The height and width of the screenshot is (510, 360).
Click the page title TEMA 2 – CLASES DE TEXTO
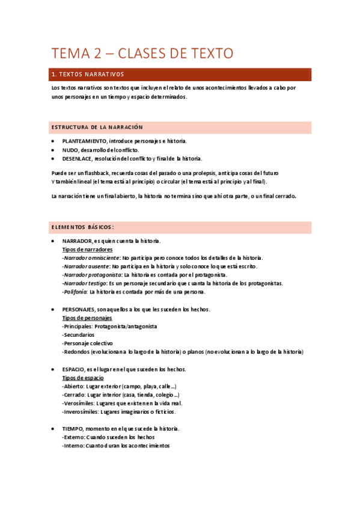(142, 54)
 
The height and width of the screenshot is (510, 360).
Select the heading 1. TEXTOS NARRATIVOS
(88, 75)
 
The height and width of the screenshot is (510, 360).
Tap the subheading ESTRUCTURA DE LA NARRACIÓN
(97, 127)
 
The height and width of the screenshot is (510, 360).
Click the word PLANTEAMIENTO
(80, 141)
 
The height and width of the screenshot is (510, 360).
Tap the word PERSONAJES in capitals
(79, 309)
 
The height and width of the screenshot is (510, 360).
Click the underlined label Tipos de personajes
(87, 318)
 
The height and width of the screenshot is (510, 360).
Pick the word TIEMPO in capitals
(73, 428)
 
